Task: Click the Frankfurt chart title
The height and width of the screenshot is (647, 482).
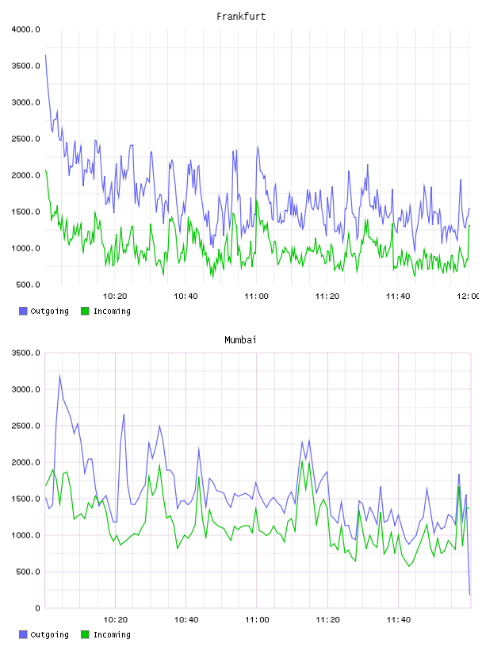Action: (241, 17)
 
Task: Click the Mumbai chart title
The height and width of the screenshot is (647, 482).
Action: (240, 340)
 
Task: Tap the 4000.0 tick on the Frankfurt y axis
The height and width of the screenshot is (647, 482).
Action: (25, 29)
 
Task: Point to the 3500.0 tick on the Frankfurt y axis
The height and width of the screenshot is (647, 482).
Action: (25, 66)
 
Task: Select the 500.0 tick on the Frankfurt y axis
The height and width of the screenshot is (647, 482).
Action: (28, 285)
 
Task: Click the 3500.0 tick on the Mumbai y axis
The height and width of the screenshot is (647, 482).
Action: (25, 353)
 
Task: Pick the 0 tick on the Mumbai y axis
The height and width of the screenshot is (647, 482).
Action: (37, 608)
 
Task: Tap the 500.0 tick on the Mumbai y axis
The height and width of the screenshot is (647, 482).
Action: (28, 572)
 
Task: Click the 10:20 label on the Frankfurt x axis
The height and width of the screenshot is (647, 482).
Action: (115, 297)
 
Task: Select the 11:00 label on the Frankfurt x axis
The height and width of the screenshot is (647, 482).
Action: (256, 297)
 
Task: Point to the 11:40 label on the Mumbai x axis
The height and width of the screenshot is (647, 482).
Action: (398, 620)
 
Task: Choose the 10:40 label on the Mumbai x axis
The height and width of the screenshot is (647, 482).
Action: (186, 620)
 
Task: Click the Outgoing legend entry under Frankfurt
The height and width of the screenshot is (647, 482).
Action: (44, 311)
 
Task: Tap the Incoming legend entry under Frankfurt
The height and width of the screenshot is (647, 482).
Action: (106, 311)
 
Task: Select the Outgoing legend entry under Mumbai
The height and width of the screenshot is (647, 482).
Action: (44, 634)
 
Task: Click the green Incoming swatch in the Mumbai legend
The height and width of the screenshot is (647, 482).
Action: (85, 634)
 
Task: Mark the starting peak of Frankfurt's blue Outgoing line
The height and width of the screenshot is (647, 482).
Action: (45, 55)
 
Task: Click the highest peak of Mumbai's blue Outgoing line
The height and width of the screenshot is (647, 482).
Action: (59, 375)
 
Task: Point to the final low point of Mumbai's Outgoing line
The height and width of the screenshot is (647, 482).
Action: (469, 595)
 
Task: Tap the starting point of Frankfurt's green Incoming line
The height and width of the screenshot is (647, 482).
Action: (45, 170)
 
